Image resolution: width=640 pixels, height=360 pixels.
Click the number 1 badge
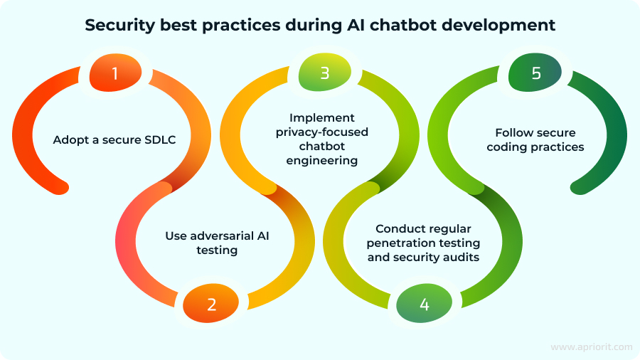pyautogui.click(x=115, y=73)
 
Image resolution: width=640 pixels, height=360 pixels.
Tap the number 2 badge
pyautogui.click(x=212, y=305)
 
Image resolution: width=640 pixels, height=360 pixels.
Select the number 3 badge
pyautogui.click(x=324, y=73)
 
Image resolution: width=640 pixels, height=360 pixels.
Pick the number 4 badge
pyautogui.click(x=425, y=305)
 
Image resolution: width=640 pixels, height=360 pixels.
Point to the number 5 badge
pyautogui.click(x=535, y=73)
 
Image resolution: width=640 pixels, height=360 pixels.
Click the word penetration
pyautogui.click(x=402, y=243)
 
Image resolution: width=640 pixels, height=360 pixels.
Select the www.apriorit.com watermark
pyautogui.click(x=591, y=346)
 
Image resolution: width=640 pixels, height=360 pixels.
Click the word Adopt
pyautogui.click(x=68, y=139)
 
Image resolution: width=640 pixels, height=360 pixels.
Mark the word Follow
pyautogui.click(x=513, y=133)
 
